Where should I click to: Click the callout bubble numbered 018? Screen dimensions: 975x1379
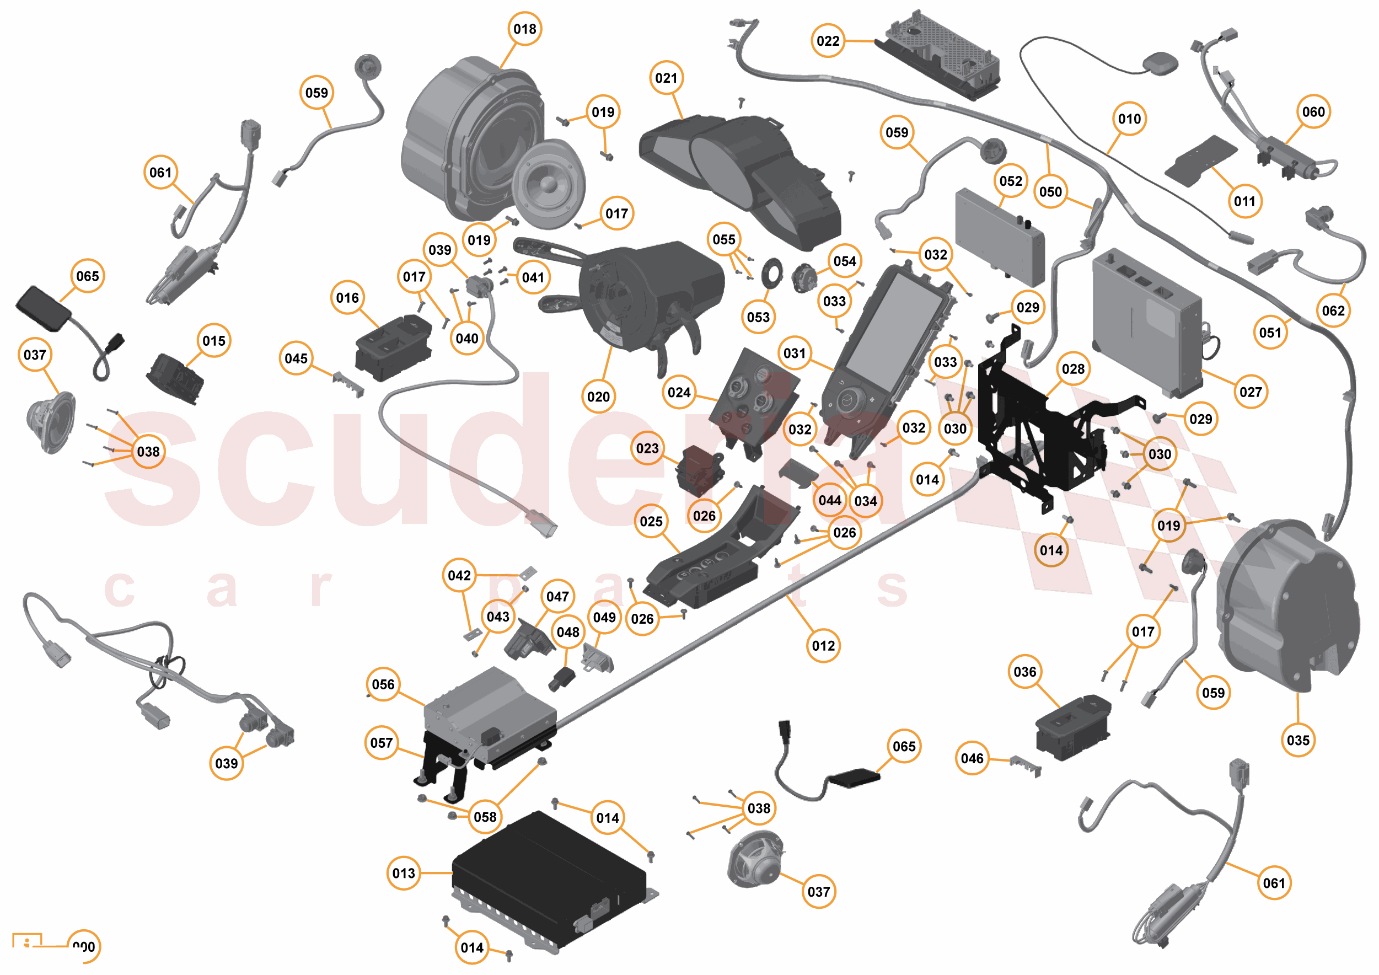524,29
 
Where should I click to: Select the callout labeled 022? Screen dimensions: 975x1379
828,41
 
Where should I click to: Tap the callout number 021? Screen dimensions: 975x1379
666,78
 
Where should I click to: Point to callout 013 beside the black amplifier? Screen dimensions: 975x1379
404,873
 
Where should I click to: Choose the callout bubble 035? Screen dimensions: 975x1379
1298,740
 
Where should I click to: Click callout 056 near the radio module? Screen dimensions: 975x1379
383,684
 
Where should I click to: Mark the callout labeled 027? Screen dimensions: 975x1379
1251,392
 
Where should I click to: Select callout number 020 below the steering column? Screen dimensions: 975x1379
598,397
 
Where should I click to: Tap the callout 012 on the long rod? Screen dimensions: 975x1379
823,646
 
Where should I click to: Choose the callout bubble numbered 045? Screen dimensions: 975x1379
296,358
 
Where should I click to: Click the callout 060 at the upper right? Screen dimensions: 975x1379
1313,112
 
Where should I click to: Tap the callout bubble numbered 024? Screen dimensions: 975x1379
679,392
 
